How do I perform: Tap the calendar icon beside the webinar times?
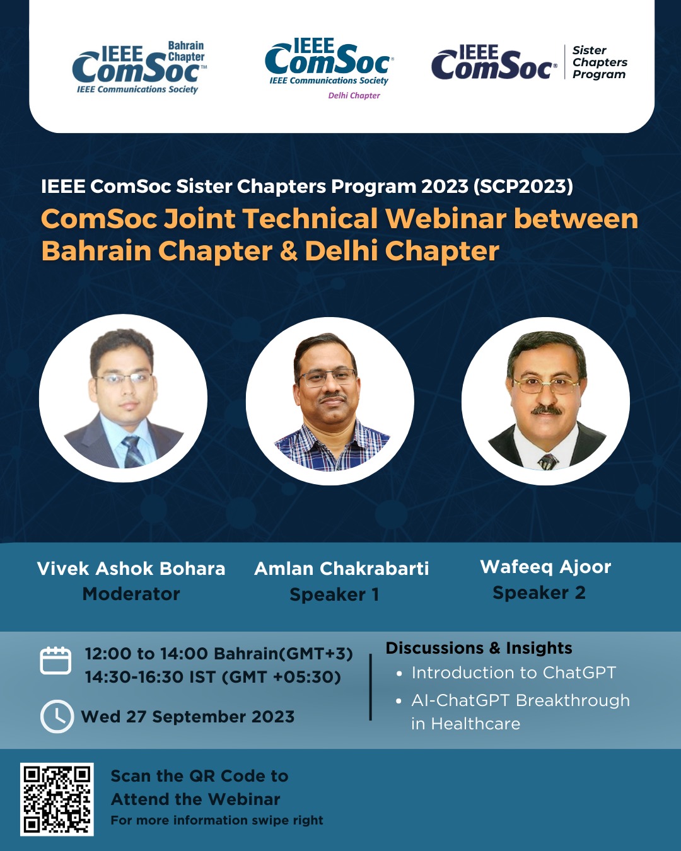pos(55,660)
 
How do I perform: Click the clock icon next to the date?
pos(57,717)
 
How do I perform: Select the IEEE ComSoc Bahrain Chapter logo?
pos(139,67)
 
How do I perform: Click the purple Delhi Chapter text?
pos(354,95)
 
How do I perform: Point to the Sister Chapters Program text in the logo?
pos(600,62)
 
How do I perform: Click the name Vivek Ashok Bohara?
pos(131,569)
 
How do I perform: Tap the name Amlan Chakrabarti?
pos(342,569)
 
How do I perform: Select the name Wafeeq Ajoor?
pos(545,567)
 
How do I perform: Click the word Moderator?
pos(131,594)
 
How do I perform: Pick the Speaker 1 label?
pos(334,594)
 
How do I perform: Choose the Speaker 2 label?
pos(539,593)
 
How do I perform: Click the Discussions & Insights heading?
pos(479,648)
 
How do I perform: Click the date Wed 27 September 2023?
pos(187,717)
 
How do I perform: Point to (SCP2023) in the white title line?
pos(523,187)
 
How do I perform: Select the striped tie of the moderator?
pos(133,451)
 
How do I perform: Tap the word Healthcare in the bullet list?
pos(475,724)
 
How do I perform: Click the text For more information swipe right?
pos(217,821)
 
